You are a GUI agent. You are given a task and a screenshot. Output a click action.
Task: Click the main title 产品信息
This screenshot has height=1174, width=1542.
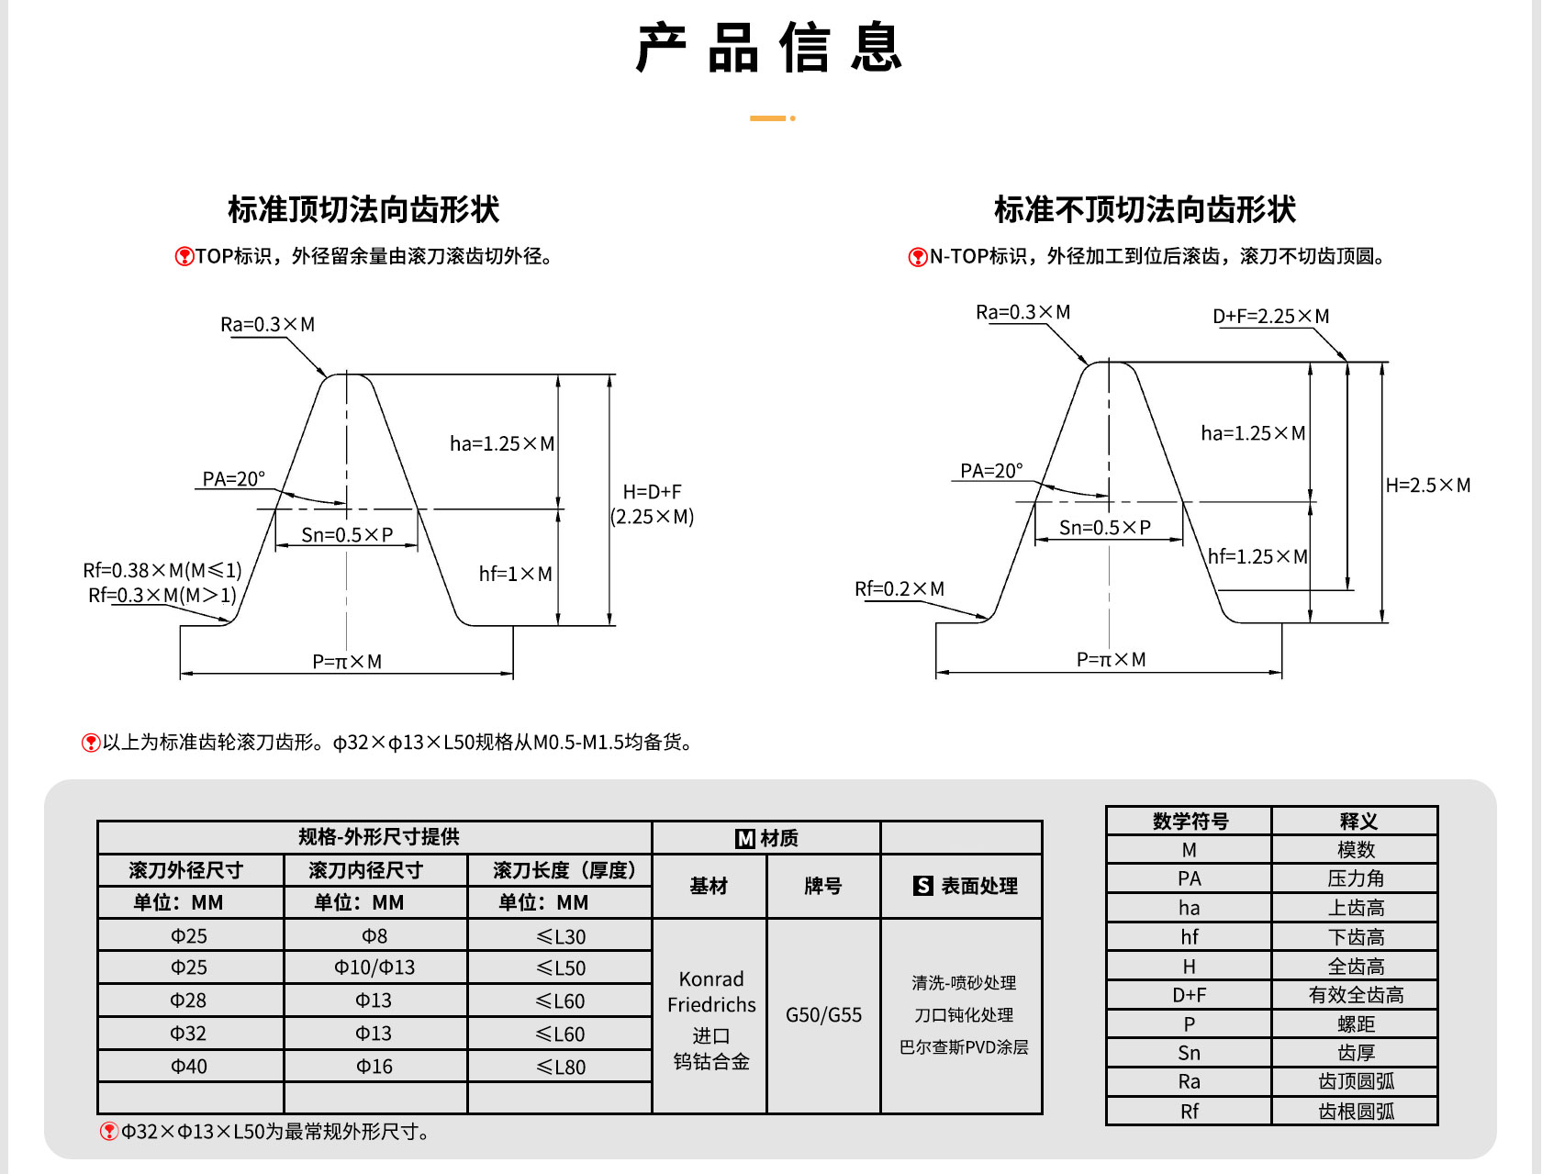pyautogui.click(x=769, y=48)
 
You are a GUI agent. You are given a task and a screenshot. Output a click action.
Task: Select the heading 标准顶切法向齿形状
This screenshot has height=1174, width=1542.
pyautogui.click(x=363, y=209)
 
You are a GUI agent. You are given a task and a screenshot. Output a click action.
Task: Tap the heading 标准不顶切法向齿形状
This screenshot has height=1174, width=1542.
pyautogui.click(x=1145, y=209)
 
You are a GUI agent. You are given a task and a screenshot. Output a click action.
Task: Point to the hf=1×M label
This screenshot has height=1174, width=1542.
pyautogui.click(x=516, y=574)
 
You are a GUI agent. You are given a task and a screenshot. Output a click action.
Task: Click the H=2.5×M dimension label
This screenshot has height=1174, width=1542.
pyautogui.click(x=1427, y=485)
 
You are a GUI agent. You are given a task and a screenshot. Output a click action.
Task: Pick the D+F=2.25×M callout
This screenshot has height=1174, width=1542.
pyautogui.click(x=1271, y=316)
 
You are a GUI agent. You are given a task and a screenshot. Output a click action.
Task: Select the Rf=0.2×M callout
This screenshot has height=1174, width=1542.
pyautogui.click(x=899, y=588)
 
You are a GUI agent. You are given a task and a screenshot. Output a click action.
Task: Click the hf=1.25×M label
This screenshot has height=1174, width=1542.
pyautogui.click(x=1257, y=556)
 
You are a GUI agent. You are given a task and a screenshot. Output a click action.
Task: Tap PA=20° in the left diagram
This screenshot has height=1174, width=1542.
pyautogui.click(x=234, y=478)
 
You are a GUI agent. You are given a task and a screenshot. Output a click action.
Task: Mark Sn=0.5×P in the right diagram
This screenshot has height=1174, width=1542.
pyautogui.click(x=1105, y=527)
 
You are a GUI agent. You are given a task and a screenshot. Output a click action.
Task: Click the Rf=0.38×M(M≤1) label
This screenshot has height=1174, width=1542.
pyautogui.click(x=162, y=570)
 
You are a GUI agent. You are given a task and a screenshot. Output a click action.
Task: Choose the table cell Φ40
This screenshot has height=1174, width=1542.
pyautogui.click(x=189, y=1067)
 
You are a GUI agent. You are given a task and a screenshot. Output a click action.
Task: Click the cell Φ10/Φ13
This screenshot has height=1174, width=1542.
pyautogui.click(x=374, y=967)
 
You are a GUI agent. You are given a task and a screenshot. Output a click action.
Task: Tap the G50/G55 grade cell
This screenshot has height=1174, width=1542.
pyautogui.click(x=823, y=1014)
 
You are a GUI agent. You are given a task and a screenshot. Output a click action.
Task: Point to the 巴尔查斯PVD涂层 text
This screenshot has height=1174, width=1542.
pyautogui.click(x=964, y=1047)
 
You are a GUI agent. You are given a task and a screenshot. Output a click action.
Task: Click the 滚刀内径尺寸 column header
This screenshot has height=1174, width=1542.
pyautogui.click(x=365, y=870)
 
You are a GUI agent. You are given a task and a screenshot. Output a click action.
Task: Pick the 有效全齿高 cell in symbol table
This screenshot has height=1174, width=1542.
pyautogui.click(x=1356, y=995)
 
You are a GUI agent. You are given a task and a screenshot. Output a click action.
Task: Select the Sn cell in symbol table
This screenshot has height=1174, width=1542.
pyautogui.click(x=1189, y=1053)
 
